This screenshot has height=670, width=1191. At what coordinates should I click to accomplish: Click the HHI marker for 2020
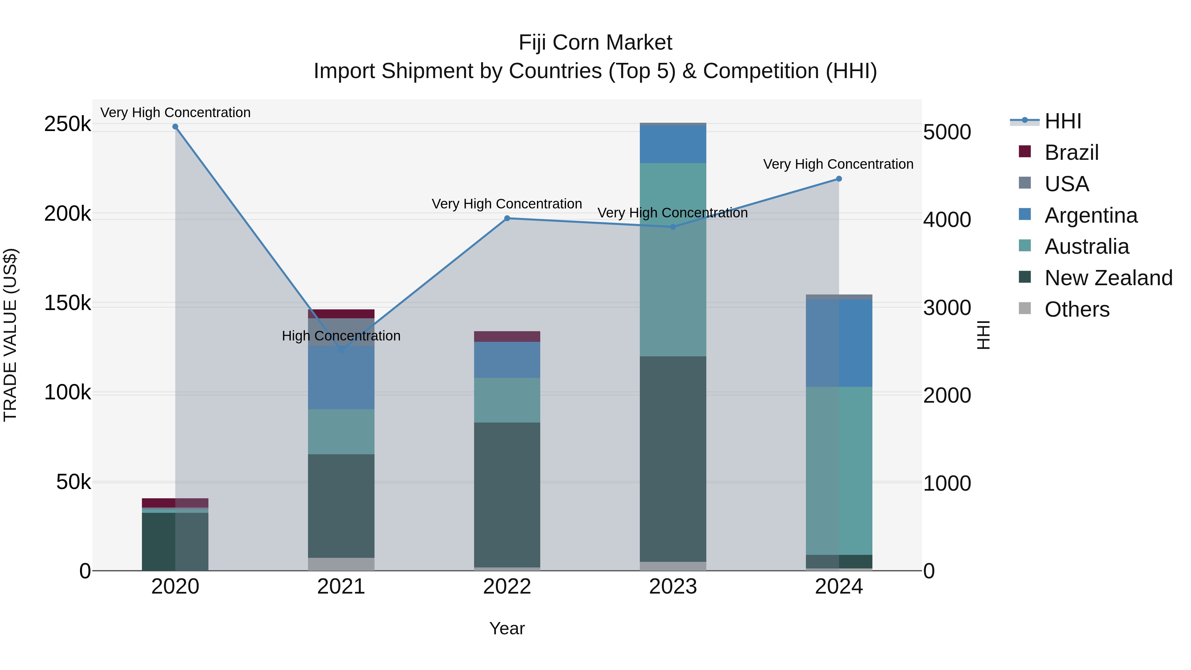175,127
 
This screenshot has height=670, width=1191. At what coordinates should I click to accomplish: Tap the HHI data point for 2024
839,179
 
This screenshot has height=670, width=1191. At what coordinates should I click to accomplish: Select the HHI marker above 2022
507,218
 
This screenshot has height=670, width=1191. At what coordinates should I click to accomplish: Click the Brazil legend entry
1071,153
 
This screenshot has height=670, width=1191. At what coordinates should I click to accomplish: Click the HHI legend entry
1062,121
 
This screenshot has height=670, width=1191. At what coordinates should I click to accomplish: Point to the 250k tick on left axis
67,124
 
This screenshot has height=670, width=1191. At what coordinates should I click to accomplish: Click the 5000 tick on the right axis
947,132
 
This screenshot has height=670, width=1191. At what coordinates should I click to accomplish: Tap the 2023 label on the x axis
673,587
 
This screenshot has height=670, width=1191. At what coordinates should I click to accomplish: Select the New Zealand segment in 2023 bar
673,458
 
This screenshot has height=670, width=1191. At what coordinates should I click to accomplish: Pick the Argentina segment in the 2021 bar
341,377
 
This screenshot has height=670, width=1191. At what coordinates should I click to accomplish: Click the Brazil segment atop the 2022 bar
507,336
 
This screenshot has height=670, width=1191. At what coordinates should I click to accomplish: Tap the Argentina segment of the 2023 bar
673,144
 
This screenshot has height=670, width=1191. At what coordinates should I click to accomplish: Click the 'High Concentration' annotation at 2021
341,336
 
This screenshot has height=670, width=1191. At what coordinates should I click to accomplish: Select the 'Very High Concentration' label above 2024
838,164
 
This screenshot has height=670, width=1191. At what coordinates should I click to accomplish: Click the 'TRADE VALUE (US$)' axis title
10,335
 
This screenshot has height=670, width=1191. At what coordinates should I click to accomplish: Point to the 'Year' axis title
507,628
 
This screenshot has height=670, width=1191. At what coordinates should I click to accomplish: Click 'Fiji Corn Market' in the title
595,43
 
